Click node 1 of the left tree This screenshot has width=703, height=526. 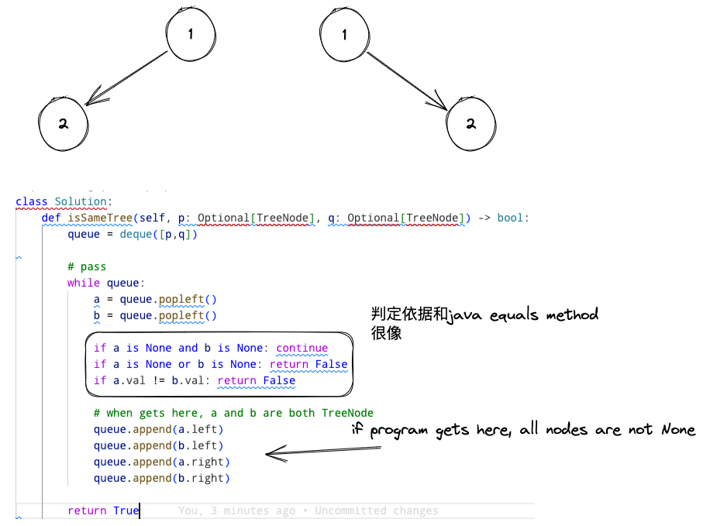191,34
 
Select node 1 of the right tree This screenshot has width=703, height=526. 343,35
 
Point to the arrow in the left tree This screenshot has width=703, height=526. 127,77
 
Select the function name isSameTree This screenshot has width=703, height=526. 100,218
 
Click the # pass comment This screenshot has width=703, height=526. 87,266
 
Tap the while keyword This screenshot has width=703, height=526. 83,283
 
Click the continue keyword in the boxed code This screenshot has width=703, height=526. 302,348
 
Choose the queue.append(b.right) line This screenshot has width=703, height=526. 161,478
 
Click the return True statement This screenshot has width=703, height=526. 103,511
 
